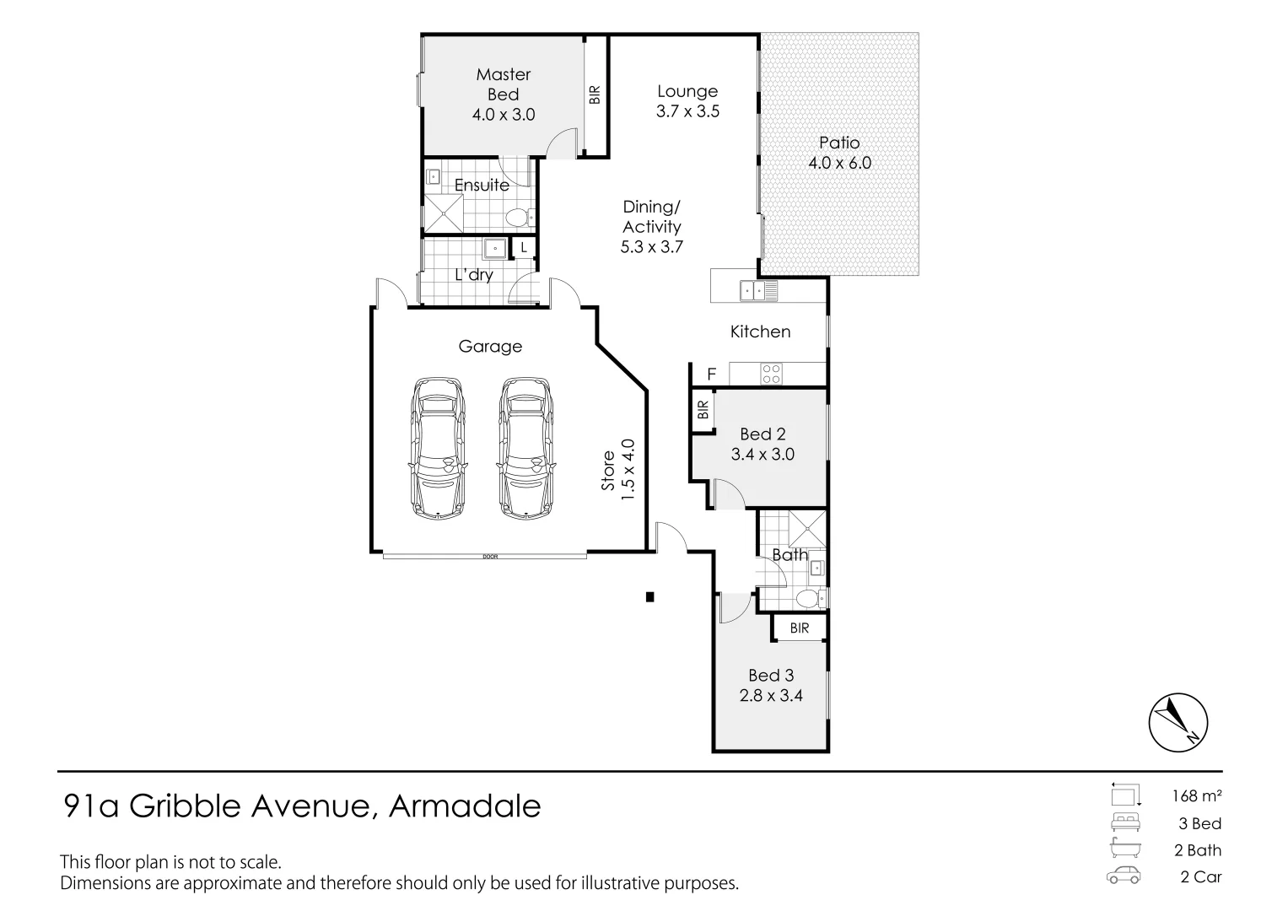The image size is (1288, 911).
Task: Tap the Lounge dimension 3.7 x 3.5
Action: click(687, 111)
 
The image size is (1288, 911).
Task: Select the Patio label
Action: click(839, 143)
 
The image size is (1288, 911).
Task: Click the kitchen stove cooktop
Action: click(772, 374)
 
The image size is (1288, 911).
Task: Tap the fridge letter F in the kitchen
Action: click(711, 374)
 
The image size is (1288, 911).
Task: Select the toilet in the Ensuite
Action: click(517, 218)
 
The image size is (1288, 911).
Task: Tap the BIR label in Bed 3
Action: click(800, 628)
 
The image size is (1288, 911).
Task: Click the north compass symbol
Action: click(1178, 723)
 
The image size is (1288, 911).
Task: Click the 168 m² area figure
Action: click(1197, 795)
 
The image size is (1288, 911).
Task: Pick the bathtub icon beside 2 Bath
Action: click(1125, 849)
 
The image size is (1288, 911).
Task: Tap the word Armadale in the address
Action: click(464, 806)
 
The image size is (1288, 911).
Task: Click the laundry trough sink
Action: click(494, 249)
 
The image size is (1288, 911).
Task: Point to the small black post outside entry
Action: click(649, 597)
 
